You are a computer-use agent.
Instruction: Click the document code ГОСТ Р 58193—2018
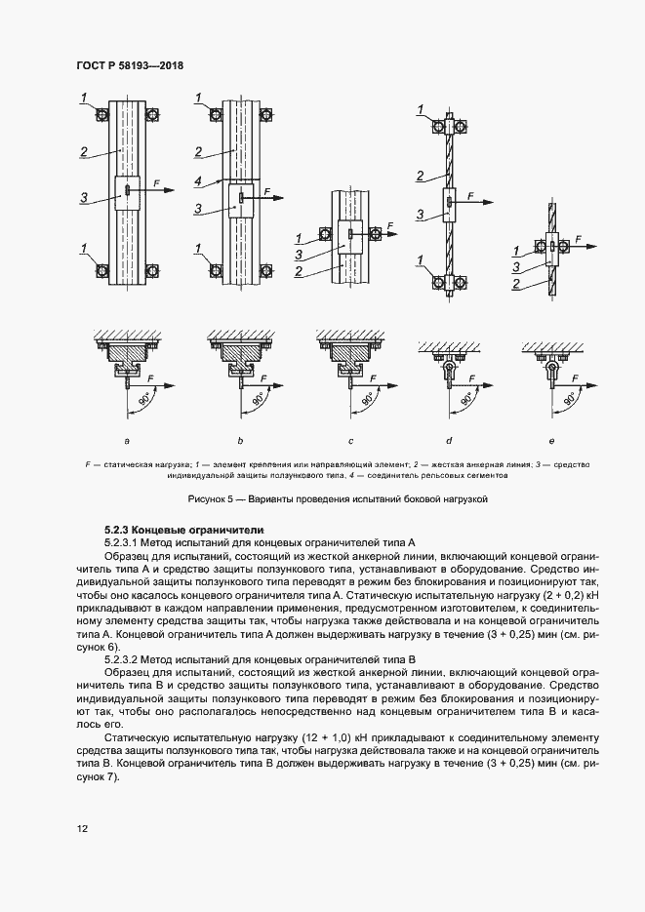click(x=130, y=65)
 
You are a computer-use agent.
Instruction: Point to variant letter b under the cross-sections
click(x=238, y=441)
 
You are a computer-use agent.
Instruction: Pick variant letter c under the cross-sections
click(x=347, y=441)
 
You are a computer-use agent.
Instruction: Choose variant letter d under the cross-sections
click(x=449, y=441)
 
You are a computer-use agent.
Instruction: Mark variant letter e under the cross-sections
click(x=551, y=441)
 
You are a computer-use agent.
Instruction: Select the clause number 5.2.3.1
click(x=125, y=540)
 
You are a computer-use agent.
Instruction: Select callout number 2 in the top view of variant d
click(x=419, y=176)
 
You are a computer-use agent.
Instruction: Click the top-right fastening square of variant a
click(x=151, y=115)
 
